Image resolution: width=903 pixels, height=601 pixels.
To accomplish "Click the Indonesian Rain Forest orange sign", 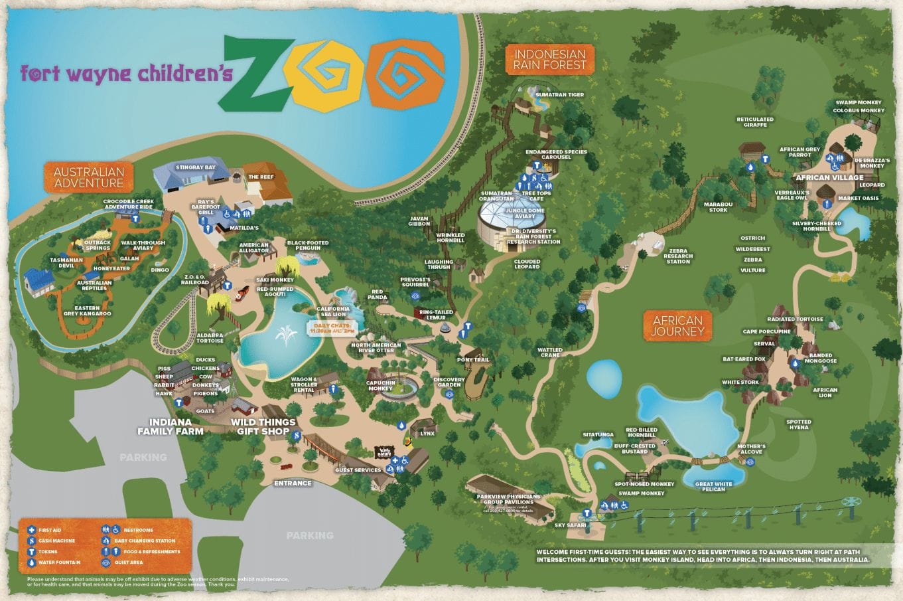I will [x=550, y=59].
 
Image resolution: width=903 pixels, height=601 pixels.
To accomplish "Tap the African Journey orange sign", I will [x=677, y=325].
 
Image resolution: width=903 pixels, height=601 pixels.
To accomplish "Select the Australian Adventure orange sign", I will [x=89, y=177].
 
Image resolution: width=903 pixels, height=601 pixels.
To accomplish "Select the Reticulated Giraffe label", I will [x=755, y=122].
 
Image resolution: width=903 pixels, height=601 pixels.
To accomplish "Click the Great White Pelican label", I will [x=714, y=487].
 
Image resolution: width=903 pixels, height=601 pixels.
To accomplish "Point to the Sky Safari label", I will [x=570, y=525].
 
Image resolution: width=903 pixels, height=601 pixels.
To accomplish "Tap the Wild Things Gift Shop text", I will [x=263, y=426].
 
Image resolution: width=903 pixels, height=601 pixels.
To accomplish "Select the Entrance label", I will [x=293, y=483].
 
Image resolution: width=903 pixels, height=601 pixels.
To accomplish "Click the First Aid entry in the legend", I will [x=49, y=530].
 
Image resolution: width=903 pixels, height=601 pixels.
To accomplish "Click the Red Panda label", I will [x=377, y=295].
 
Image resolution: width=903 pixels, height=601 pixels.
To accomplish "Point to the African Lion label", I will [x=825, y=392].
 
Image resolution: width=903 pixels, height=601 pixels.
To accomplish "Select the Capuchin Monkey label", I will [x=381, y=385].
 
